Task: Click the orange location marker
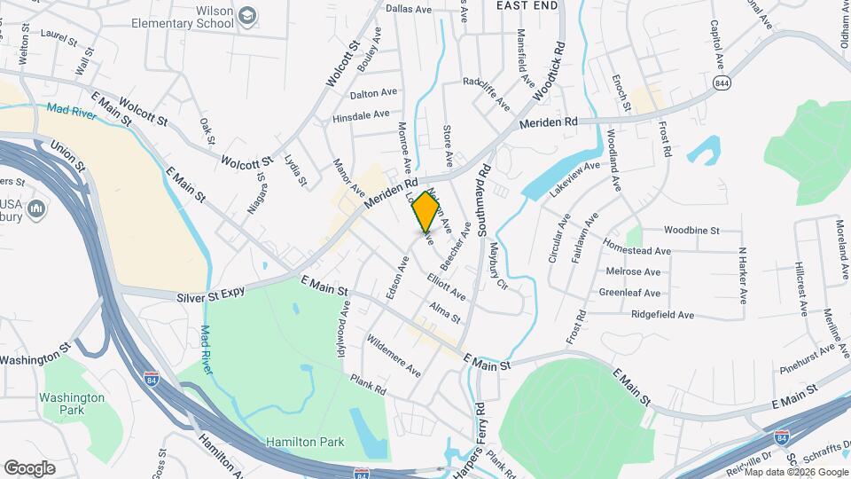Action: tap(426, 214)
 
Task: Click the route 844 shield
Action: tap(720, 82)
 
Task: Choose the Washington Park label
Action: tap(74, 404)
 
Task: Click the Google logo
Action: tap(29, 467)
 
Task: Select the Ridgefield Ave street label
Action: tap(662, 315)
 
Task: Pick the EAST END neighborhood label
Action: tap(527, 5)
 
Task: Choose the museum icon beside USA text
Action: tap(37, 209)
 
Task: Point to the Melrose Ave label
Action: tap(633, 271)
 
